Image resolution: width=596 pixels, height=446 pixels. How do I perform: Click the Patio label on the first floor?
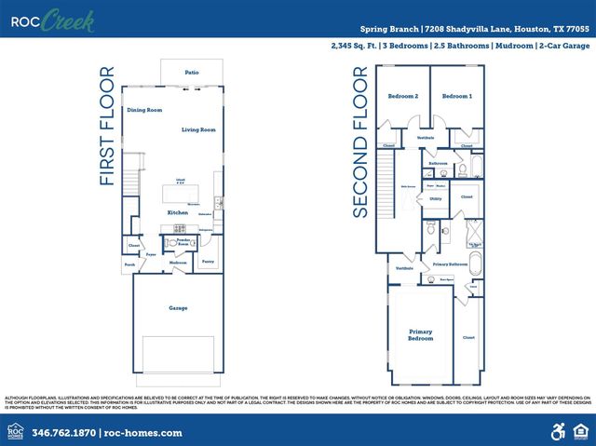(x=191, y=72)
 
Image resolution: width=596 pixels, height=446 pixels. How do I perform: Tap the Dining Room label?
(x=144, y=110)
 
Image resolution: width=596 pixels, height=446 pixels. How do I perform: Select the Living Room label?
(x=197, y=129)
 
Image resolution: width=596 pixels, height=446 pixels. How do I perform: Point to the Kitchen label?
(x=178, y=213)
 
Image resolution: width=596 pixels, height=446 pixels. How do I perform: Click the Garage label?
(x=178, y=308)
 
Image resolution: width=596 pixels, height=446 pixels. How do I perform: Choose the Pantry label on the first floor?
(x=208, y=262)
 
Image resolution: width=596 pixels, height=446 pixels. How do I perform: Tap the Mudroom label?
(x=178, y=263)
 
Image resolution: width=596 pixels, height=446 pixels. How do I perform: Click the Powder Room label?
(x=177, y=243)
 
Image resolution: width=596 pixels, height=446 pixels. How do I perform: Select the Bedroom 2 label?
(x=403, y=96)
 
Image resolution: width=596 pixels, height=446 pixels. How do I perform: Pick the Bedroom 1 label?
(x=456, y=96)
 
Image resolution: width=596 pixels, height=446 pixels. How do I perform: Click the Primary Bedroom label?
(x=421, y=334)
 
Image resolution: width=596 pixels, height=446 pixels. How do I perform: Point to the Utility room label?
(x=435, y=198)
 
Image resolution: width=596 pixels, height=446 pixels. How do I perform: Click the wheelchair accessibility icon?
(x=558, y=431)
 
